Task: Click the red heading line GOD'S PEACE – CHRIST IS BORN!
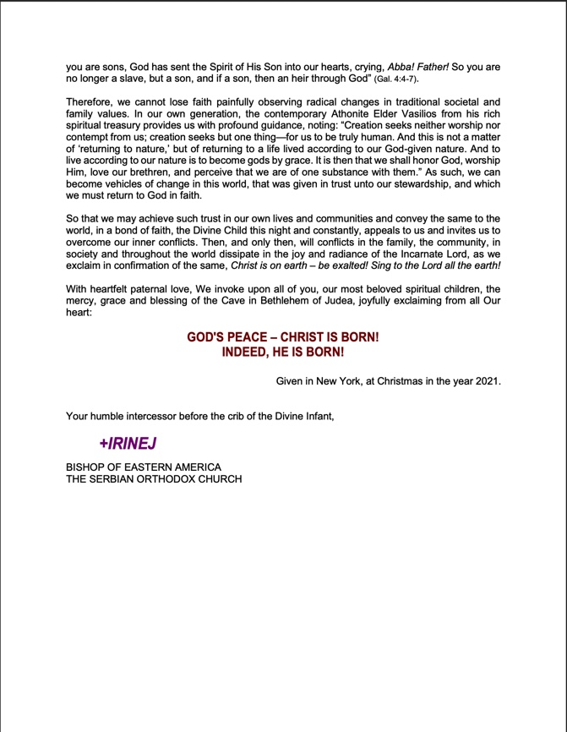[282, 336]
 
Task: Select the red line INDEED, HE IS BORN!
[282, 352]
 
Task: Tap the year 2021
[485, 381]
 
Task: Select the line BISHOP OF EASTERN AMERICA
[143, 467]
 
